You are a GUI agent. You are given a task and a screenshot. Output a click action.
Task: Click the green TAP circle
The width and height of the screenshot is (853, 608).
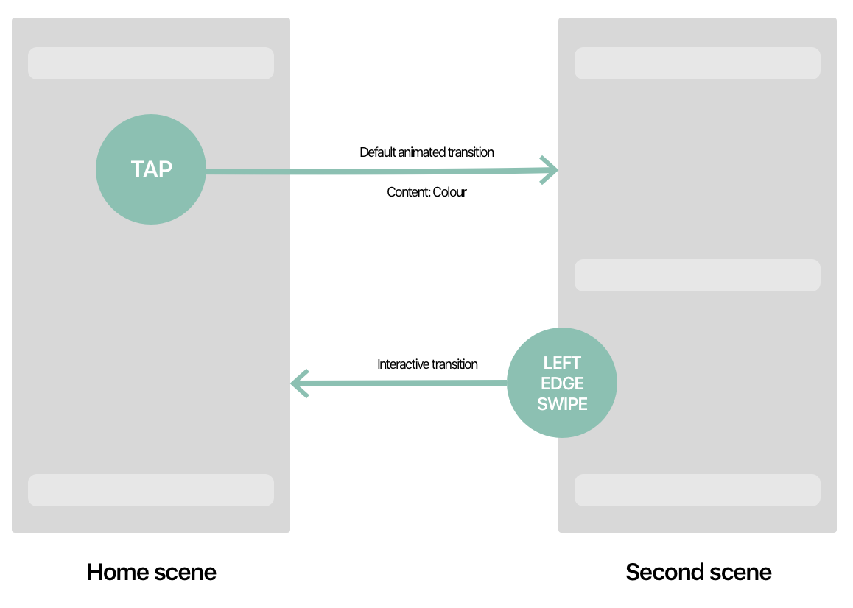pos(151,169)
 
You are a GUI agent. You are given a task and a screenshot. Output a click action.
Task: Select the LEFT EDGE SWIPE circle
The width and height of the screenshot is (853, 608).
pos(562,383)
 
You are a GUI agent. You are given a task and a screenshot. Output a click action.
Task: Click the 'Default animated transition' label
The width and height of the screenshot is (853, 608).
pos(426,152)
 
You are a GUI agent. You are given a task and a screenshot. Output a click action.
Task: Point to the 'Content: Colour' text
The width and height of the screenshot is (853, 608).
pos(426,192)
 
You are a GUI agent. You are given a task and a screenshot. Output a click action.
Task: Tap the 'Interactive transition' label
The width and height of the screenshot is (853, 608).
pos(427,364)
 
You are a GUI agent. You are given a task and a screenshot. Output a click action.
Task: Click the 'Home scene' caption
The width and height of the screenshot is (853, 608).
pos(151,572)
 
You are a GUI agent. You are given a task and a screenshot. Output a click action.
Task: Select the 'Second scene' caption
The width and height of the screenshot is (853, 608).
pos(698,572)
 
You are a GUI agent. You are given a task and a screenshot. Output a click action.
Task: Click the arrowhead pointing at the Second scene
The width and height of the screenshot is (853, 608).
pos(550,170)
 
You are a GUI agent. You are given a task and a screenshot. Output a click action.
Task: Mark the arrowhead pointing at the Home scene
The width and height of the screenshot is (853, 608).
pos(298,383)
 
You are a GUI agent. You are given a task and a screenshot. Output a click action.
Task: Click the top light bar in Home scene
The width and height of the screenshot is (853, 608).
pos(151,63)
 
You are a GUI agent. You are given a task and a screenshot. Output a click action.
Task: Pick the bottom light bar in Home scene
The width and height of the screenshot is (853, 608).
pos(151,490)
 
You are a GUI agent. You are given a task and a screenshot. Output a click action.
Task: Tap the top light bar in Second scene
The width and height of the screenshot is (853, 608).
pos(698,63)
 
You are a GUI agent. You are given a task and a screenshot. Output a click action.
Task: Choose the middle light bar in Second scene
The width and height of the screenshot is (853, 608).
pos(698,275)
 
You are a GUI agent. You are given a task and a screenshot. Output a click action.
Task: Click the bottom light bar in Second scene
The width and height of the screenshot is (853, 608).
pos(698,490)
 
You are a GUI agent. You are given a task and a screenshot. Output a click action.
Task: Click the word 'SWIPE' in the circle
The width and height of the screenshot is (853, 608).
pos(562,404)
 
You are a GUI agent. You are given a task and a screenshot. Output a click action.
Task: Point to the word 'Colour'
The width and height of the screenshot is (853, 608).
pos(449,192)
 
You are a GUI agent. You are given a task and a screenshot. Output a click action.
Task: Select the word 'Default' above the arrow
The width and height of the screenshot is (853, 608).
pos(378,152)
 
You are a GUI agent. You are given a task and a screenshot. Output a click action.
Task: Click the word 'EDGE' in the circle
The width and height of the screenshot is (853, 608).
pos(562,383)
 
